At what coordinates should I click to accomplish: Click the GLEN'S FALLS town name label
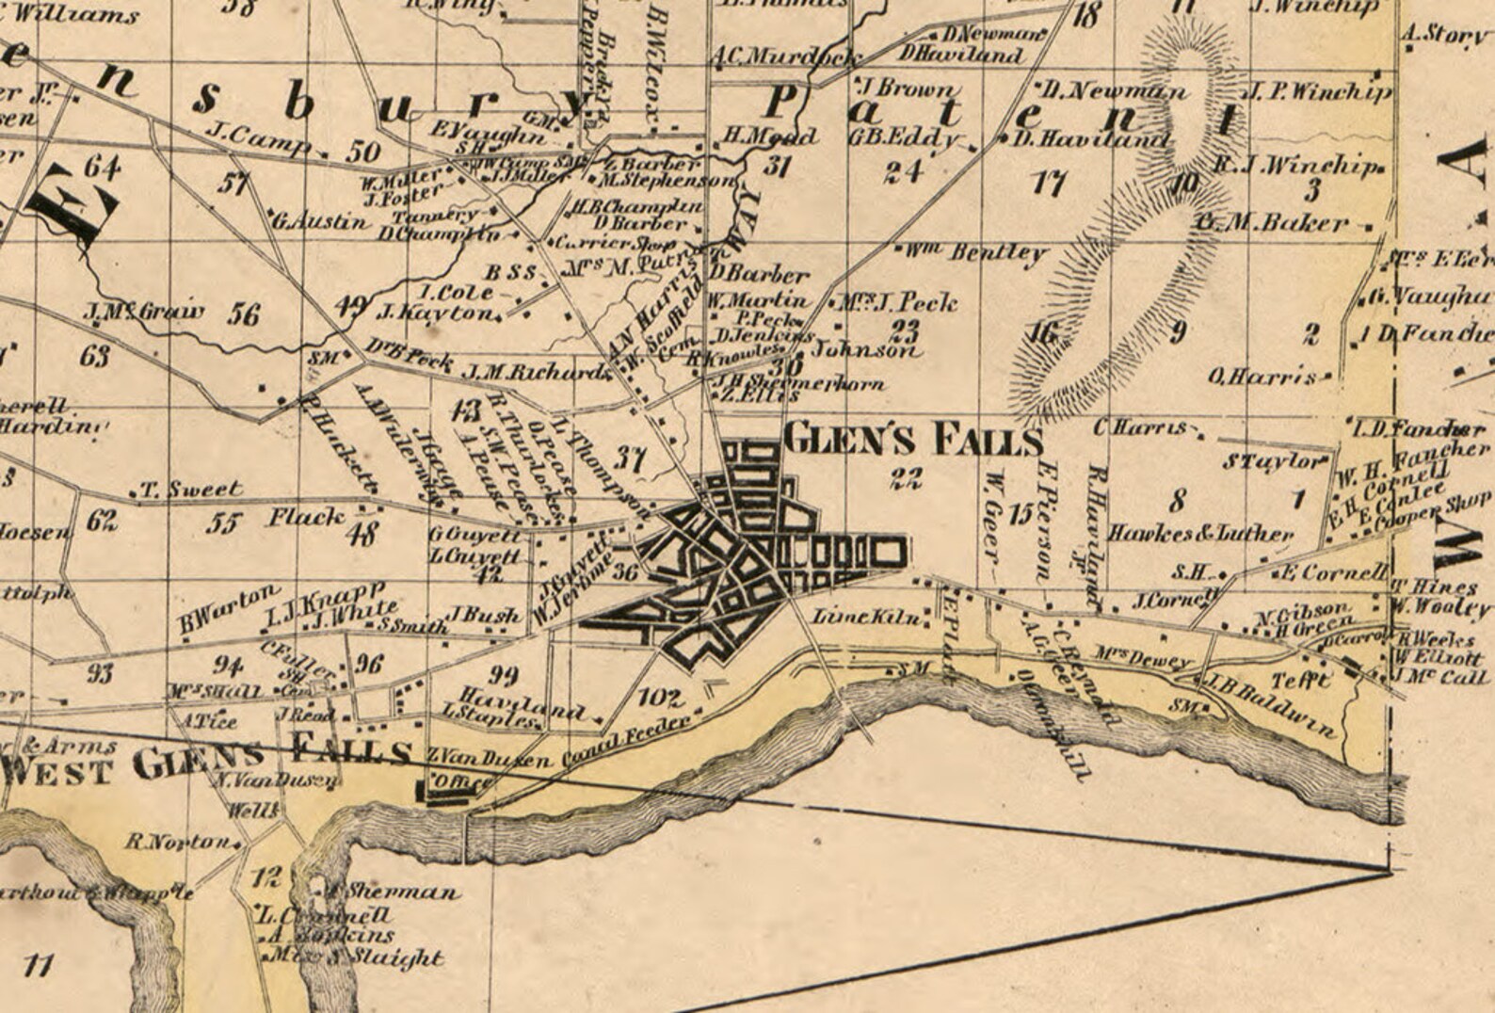point(913,440)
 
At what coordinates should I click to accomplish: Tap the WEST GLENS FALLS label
point(207,762)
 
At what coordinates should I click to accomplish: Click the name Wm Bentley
point(975,252)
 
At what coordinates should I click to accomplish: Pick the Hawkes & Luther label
point(1200,533)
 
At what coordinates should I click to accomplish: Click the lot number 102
point(660,698)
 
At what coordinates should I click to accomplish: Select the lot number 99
point(504,674)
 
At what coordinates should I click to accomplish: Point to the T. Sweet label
point(191,490)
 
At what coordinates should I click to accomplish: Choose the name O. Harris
point(1262,377)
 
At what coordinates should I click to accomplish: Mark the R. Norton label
point(177,841)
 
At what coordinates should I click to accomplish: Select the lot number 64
point(102,168)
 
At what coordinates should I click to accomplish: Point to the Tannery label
point(434,215)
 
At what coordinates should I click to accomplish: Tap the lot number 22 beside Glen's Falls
point(906,477)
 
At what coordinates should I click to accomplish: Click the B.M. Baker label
point(1272,223)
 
